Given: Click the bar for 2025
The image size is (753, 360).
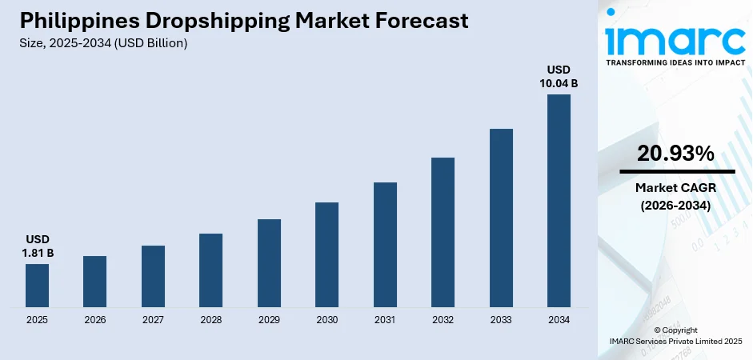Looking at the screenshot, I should (37, 285).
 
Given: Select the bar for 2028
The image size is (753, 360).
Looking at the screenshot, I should (210, 270).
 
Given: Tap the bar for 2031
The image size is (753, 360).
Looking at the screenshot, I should (385, 244).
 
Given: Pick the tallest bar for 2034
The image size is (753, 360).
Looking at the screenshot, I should (559, 200).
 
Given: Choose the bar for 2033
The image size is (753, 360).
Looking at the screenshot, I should (501, 217).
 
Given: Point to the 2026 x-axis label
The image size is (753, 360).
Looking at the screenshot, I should (94, 319).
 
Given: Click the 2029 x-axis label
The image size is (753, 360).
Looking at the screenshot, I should (269, 319).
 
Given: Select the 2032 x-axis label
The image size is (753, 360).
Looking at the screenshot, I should (443, 319).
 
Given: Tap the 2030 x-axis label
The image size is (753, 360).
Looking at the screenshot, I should (326, 319).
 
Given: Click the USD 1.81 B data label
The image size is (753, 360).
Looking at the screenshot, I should (38, 246).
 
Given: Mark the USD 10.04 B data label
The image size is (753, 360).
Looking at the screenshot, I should (559, 76).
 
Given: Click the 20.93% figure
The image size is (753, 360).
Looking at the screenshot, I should (675, 154).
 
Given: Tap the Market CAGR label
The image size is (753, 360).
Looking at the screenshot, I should (675, 187).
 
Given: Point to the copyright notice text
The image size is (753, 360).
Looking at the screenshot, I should (675, 335).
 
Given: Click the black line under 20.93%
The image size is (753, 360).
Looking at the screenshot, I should (675, 171).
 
